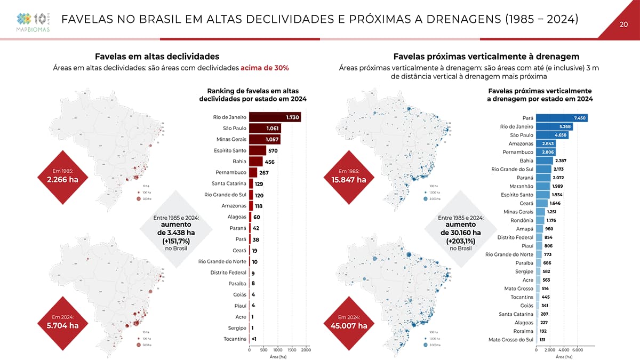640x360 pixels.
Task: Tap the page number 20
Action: [623, 24]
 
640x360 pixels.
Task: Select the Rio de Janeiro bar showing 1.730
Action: [275, 117]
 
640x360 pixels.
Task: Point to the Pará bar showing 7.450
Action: [562, 118]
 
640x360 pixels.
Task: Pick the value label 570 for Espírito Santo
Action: [273, 151]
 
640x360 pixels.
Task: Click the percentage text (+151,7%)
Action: [175, 241]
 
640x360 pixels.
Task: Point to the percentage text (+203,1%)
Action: [460, 241]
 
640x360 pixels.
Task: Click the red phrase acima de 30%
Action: [265, 68]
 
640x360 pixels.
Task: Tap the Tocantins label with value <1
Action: [235, 339]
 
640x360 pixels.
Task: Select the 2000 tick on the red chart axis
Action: [306, 349]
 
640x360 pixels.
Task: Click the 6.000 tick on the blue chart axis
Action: [578, 349]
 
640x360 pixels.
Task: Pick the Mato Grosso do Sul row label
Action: [511, 340]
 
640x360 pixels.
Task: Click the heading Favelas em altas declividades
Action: [157, 56]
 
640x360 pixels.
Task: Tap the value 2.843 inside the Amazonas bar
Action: [548, 143]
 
